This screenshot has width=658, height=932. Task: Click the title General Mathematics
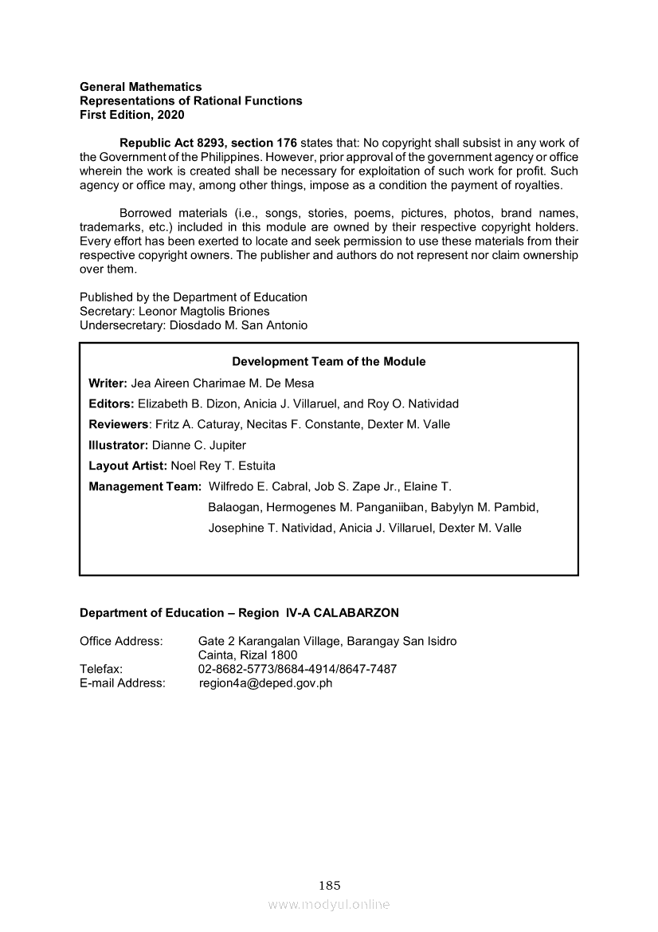pyautogui.click(x=140, y=87)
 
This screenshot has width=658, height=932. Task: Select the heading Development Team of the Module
pyautogui.click(x=328, y=362)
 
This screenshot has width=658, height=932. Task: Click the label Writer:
pyautogui.click(x=108, y=383)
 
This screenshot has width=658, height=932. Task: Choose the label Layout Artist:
pyautogui.click(x=127, y=466)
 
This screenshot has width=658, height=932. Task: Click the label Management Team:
pyautogui.click(x=145, y=486)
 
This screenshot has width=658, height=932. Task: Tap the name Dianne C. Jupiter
pyautogui.click(x=199, y=445)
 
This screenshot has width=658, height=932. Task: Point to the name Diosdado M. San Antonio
pyautogui.click(x=238, y=326)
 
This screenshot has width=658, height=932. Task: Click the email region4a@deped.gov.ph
pyautogui.click(x=265, y=683)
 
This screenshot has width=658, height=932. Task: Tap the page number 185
pyautogui.click(x=329, y=885)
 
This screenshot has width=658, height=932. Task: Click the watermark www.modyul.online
pyautogui.click(x=329, y=904)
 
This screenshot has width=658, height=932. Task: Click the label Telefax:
pyautogui.click(x=101, y=669)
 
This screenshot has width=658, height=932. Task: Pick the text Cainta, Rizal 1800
pyautogui.click(x=248, y=655)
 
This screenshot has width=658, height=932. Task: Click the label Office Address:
pyautogui.click(x=121, y=641)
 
